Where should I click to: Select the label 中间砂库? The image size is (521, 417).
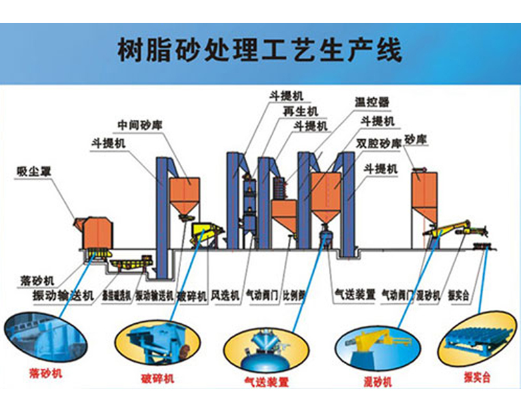(139, 124)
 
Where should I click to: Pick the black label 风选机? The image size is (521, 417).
(226, 295)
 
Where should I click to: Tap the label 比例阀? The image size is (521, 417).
(294, 295)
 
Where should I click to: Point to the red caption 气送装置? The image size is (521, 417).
(266, 382)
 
